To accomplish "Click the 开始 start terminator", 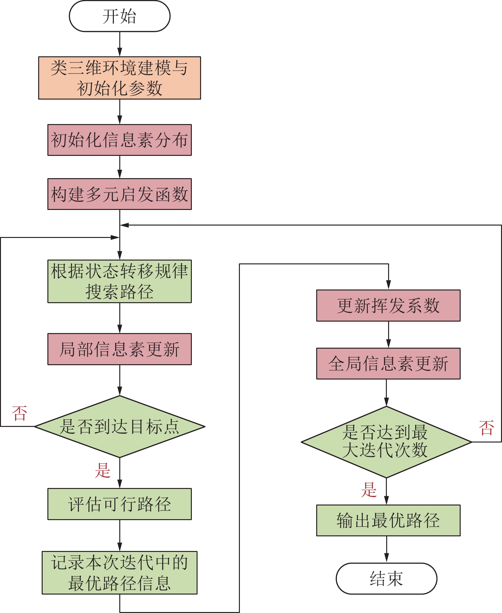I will [x=120, y=16].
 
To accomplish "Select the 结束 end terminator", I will [x=386, y=578].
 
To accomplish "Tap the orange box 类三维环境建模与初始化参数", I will [x=120, y=78].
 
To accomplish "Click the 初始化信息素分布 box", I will [x=120, y=140].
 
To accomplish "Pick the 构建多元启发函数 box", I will [x=120, y=194].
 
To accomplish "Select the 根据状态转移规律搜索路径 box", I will [x=120, y=281].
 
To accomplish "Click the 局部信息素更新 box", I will [x=120, y=349].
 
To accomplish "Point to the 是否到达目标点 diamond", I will [x=120, y=427].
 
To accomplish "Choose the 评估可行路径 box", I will [x=120, y=504].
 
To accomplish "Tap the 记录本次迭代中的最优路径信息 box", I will [x=120, y=573].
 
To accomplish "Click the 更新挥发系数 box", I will [x=388, y=305].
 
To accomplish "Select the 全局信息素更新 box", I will [x=388, y=364].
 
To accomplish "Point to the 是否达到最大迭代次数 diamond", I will [x=386, y=442].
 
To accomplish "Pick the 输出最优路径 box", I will [x=388, y=520].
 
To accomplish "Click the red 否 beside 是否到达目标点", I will [x=19, y=413].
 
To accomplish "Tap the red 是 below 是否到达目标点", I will [x=103, y=470].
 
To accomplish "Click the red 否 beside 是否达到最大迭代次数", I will [x=486, y=428].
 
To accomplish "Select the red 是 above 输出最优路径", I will [x=369, y=490].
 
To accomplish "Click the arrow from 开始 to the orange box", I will [x=120, y=44].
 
